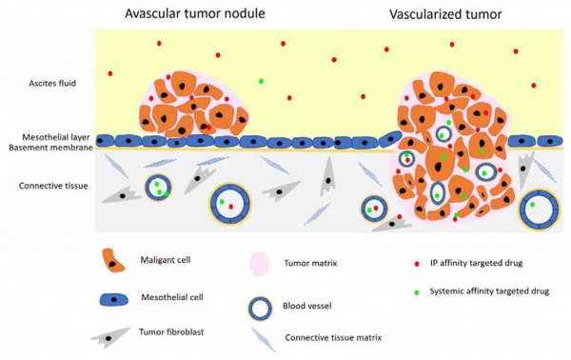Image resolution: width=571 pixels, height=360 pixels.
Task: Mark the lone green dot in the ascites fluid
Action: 261,81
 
